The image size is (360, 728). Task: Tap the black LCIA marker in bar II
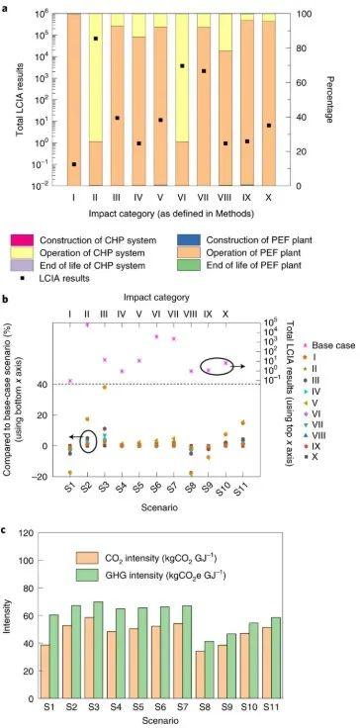96,39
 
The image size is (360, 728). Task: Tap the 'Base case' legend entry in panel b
315,342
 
